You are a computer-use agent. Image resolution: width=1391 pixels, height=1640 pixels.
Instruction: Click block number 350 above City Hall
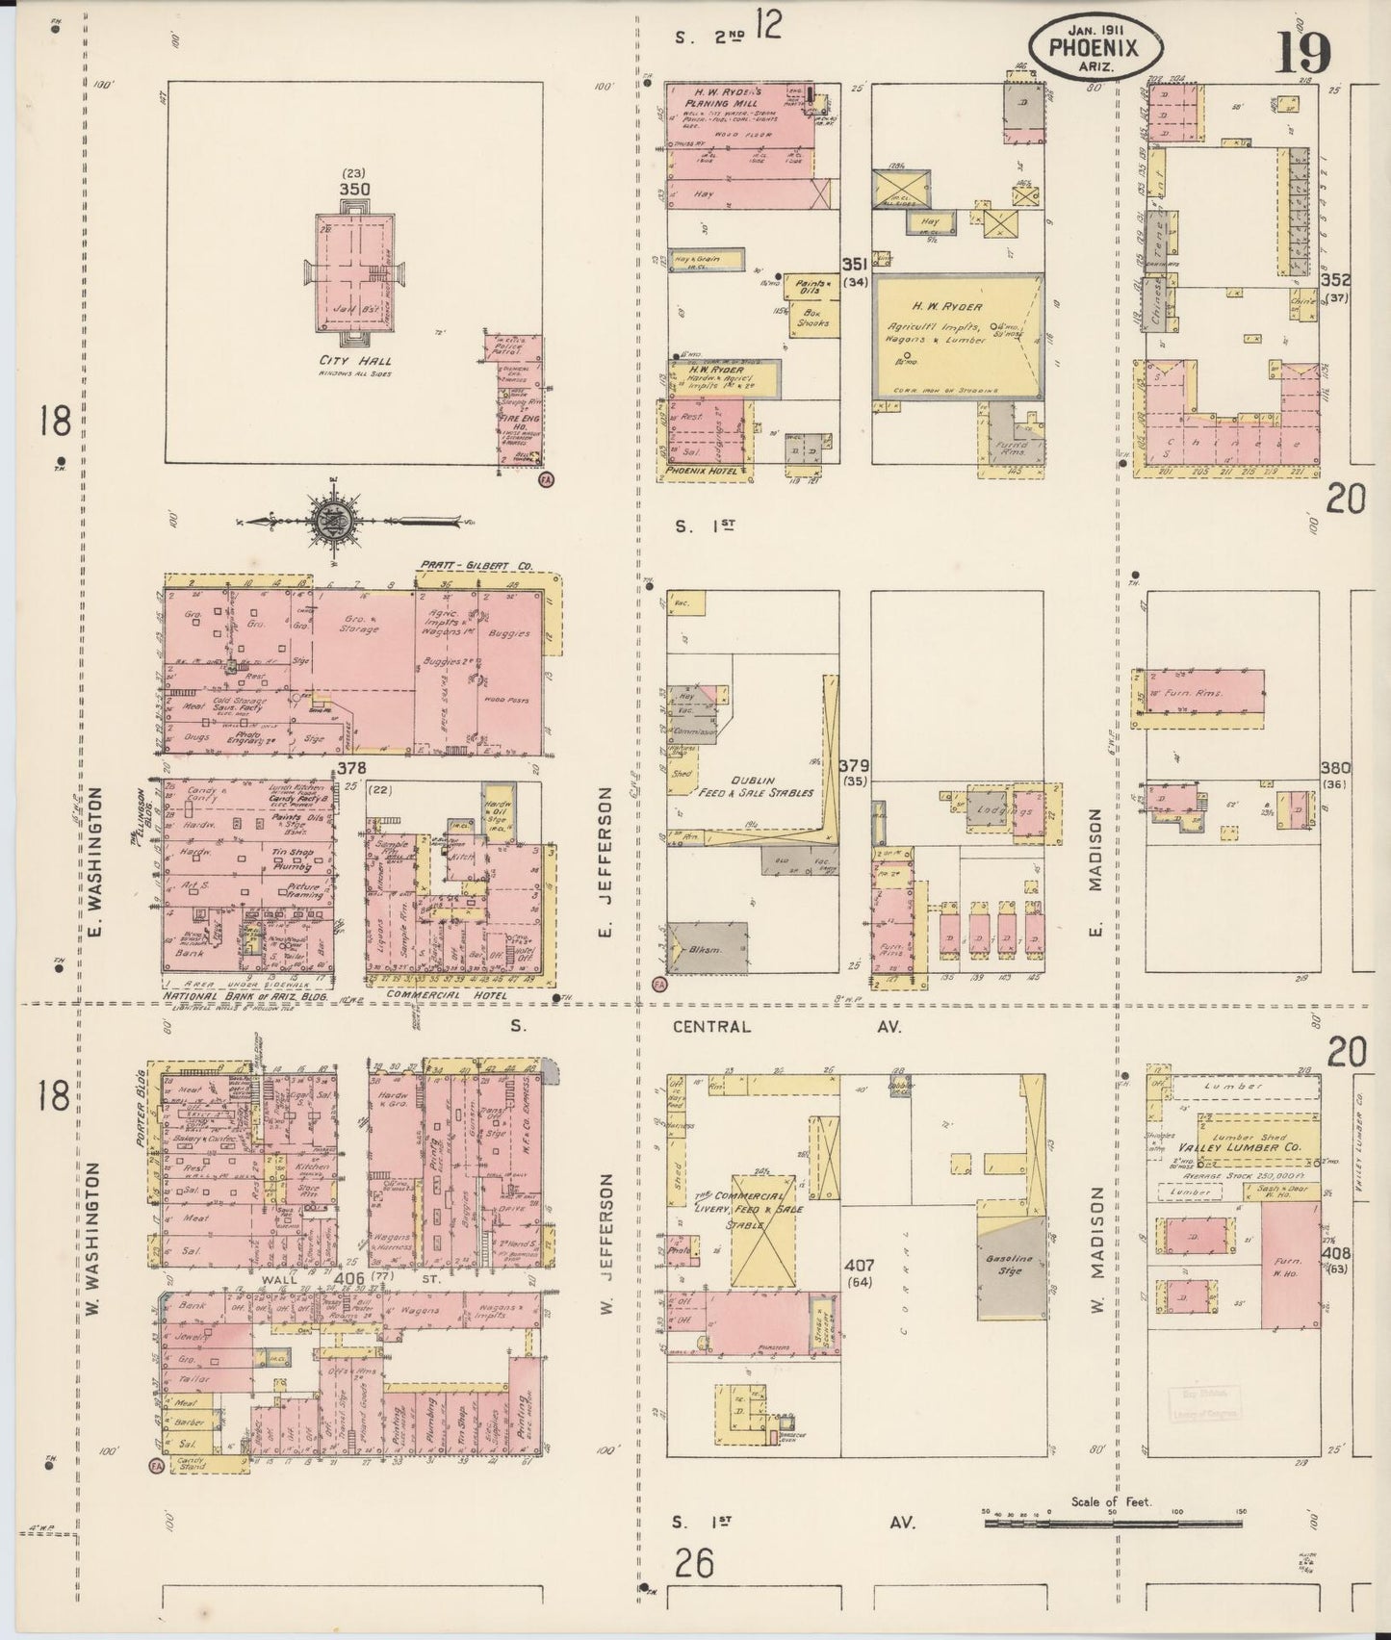point(353,189)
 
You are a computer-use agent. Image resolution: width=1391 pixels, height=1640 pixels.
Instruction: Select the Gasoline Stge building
point(1010,1266)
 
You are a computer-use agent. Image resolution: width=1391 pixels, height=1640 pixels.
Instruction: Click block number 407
point(856,1264)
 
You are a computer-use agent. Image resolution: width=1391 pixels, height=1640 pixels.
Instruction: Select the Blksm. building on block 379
point(708,950)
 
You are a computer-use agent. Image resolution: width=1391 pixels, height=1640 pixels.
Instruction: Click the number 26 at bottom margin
point(693,1563)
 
